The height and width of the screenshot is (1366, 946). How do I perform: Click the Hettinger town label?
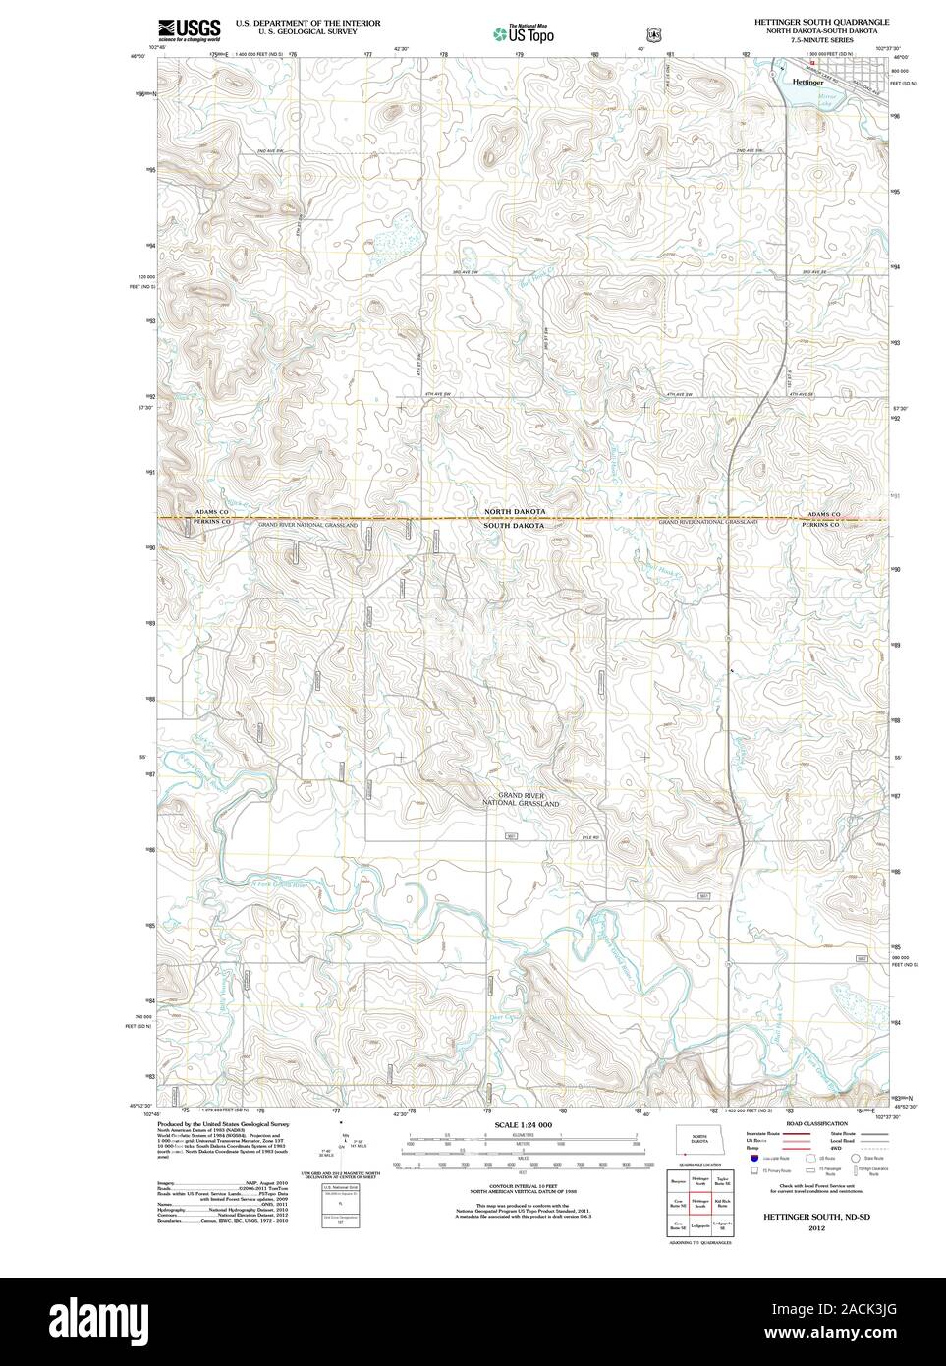[x=807, y=83]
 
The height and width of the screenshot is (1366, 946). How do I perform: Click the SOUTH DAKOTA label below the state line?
[x=513, y=526]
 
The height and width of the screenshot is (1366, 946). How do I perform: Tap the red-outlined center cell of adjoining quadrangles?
[x=699, y=1203]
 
